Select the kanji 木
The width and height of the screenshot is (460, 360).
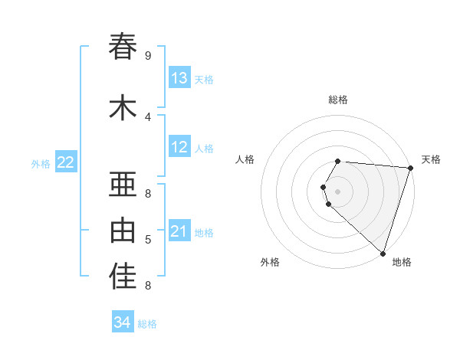(x=123, y=107)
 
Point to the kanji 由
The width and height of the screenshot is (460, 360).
(x=123, y=229)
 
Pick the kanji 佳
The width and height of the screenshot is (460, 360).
(x=123, y=277)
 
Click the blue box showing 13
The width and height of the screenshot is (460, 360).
(x=179, y=78)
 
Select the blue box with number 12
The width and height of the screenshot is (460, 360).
(x=179, y=147)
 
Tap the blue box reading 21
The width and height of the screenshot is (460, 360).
(x=179, y=231)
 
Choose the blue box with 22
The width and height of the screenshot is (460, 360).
(x=66, y=162)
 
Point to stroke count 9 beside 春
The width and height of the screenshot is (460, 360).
(x=148, y=55)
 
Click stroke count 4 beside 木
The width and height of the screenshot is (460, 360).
(x=148, y=116)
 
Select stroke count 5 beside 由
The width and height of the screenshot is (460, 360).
(x=148, y=240)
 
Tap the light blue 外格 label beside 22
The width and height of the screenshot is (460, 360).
(x=41, y=163)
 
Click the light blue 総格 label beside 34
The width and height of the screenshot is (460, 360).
(x=147, y=324)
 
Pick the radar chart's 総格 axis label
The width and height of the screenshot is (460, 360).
(x=338, y=100)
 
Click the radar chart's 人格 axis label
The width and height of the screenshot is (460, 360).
(x=245, y=159)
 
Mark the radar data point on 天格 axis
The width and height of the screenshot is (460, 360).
(x=410, y=168)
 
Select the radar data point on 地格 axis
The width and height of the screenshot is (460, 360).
(x=383, y=253)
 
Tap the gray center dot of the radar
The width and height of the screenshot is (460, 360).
(x=338, y=191)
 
